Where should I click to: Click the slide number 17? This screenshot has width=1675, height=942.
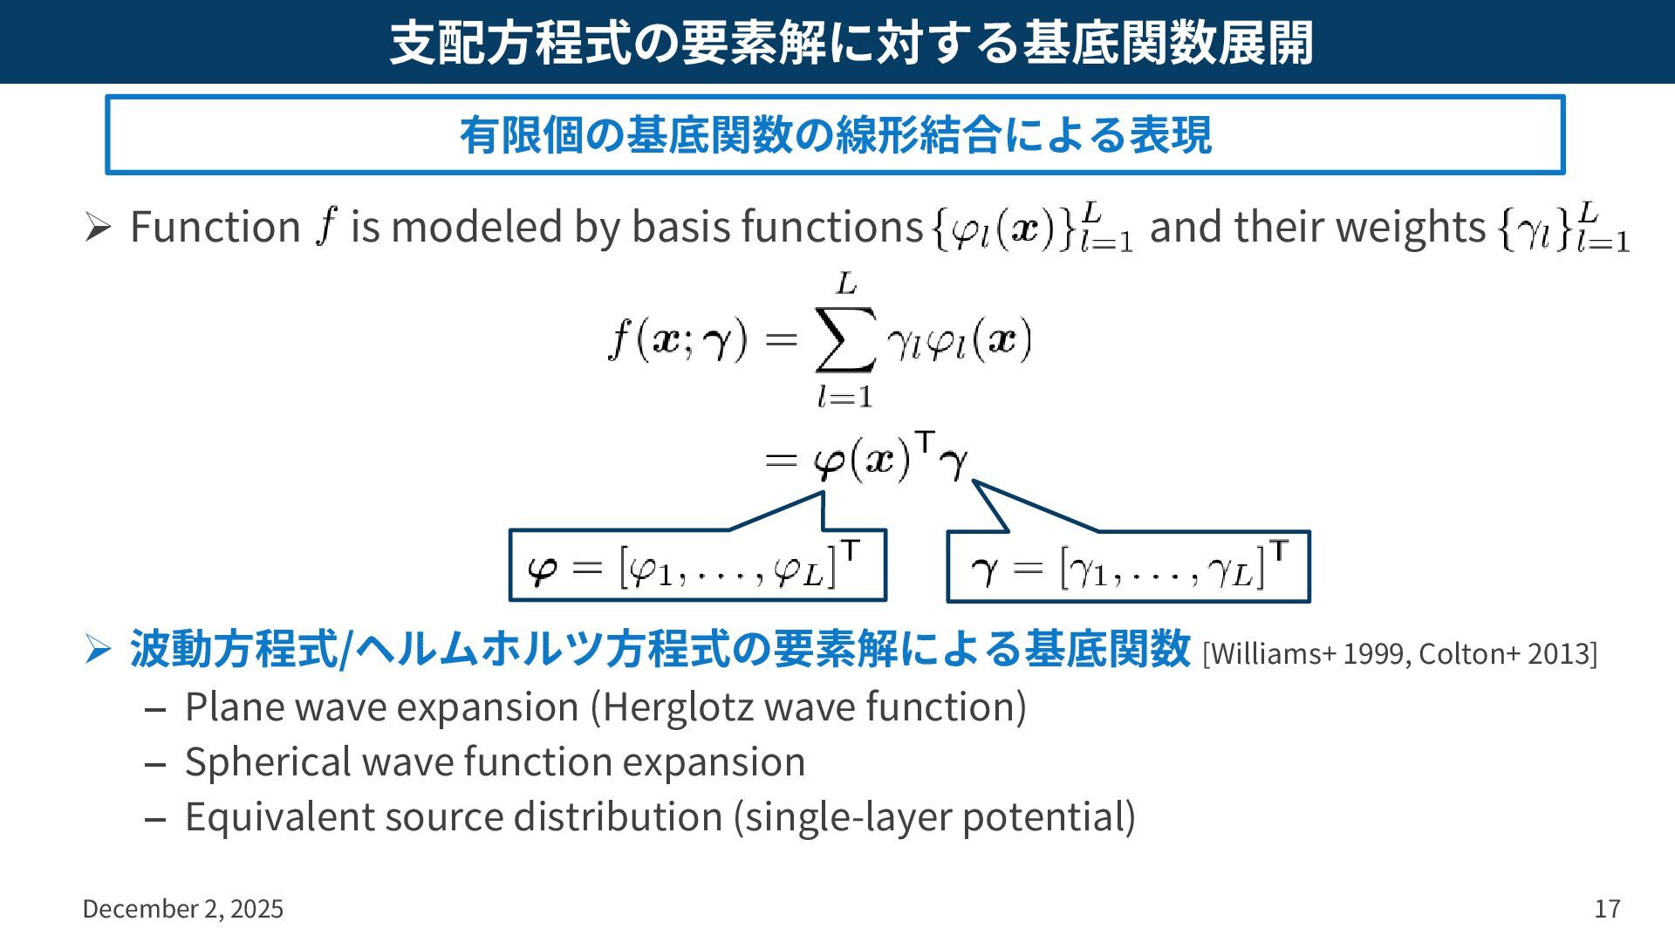[x=1607, y=909]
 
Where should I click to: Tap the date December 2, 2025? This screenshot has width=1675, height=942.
[x=183, y=909]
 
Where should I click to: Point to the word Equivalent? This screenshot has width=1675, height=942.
[x=278, y=817]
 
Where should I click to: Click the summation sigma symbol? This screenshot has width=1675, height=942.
[x=844, y=341]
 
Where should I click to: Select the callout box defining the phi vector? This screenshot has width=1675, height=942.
[x=698, y=566]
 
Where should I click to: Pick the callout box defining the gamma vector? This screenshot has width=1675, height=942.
[x=1128, y=568]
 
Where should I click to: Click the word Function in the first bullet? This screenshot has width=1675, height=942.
[x=215, y=227]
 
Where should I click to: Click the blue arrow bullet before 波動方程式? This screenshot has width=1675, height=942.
[x=97, y=649]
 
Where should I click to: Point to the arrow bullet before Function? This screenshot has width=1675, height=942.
[x=97, y=229]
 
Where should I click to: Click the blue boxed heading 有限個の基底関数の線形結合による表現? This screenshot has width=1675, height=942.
[x=835, y=135]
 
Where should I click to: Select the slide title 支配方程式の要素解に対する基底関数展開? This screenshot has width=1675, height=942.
[x=851, y=42]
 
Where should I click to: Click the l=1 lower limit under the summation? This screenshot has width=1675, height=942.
[x=844, y=398]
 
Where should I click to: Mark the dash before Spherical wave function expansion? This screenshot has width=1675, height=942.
[x=155, y=765]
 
